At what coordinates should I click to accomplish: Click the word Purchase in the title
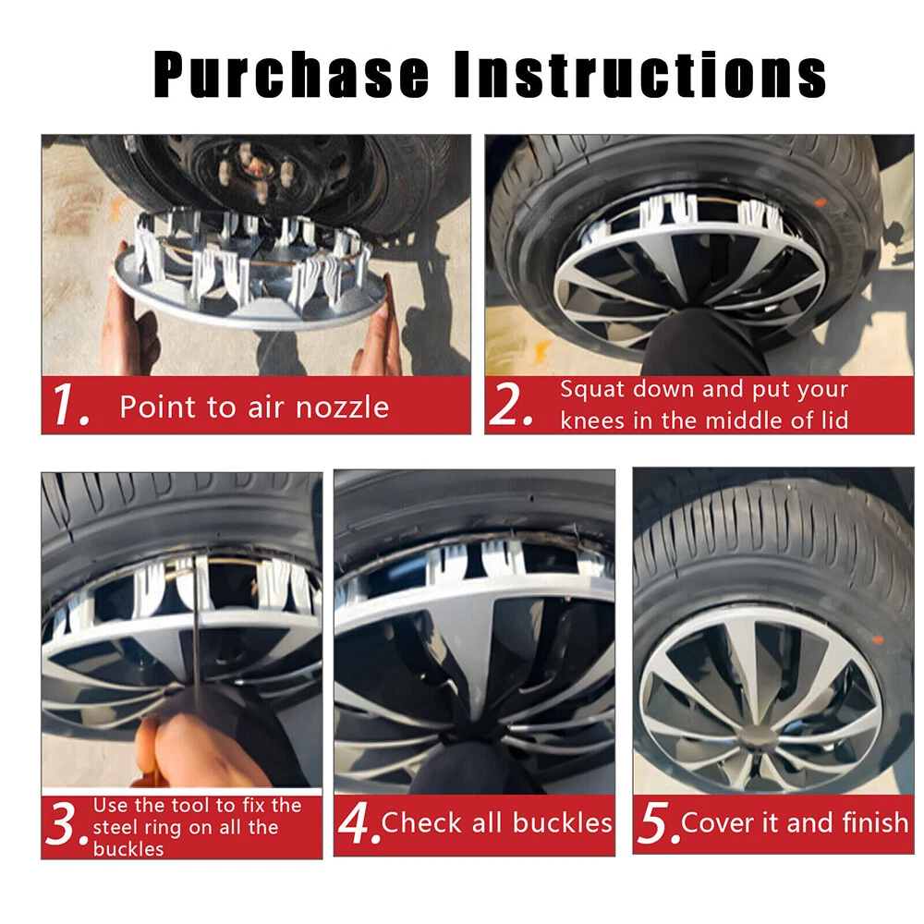(x=291, y=75)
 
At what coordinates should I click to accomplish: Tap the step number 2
(x=511, y=405)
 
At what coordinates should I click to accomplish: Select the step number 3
(x=65, y=825)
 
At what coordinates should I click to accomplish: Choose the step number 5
(x=658, y=823)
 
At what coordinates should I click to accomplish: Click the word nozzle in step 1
(x=343, y=407)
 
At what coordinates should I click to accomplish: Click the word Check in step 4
(x=422, y=822)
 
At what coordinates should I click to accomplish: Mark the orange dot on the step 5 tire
(x=878, y=639)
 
